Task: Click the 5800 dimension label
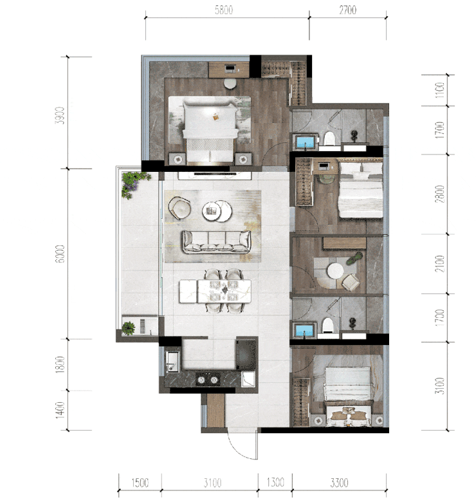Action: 224,10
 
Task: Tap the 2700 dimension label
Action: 348,10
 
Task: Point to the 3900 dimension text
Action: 60,116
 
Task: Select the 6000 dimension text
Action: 60,254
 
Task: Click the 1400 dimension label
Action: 60,410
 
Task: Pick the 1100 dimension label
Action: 440,90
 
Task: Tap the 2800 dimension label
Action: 440,194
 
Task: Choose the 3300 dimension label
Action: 340,482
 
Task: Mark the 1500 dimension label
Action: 140,482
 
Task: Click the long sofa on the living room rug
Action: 217,242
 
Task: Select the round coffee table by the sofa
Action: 217,210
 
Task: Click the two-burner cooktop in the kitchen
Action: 208,380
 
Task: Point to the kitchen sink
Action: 173,362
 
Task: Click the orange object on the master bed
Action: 216,117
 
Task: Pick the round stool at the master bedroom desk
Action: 230,84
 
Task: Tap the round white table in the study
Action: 335,271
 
